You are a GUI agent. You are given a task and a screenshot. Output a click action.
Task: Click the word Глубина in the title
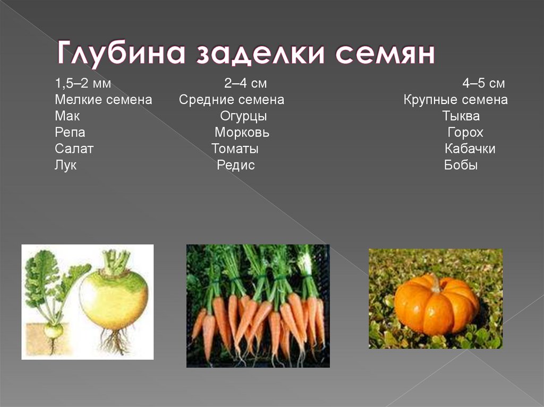(121, 55)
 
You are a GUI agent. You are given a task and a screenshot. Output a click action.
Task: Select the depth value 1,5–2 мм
(82, 84)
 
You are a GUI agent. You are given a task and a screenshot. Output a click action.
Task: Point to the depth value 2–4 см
(245, 84)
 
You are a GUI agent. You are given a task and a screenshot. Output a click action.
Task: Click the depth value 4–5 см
(483, 84)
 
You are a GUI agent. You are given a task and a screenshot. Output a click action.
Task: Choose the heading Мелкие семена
(103, 100)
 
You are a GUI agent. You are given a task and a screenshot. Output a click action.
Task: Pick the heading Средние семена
(232, 100)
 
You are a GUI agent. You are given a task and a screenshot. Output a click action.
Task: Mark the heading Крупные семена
(455, 100)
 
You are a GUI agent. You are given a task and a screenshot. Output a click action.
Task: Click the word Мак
(67, 116)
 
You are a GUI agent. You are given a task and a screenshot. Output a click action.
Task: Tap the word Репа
(70, 133)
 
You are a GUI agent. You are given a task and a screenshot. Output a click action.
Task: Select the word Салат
(74, 149)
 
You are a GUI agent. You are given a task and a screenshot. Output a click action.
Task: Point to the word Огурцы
(243, 116)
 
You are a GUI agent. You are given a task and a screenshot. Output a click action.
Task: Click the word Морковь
(242, 133)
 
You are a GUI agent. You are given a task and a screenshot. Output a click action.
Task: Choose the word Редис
(236, 166)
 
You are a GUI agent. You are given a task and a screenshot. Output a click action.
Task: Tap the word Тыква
(461, 116)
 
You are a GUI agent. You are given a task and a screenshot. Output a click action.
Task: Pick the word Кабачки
(470, 149)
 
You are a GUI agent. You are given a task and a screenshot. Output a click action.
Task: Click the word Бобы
(461, 166)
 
